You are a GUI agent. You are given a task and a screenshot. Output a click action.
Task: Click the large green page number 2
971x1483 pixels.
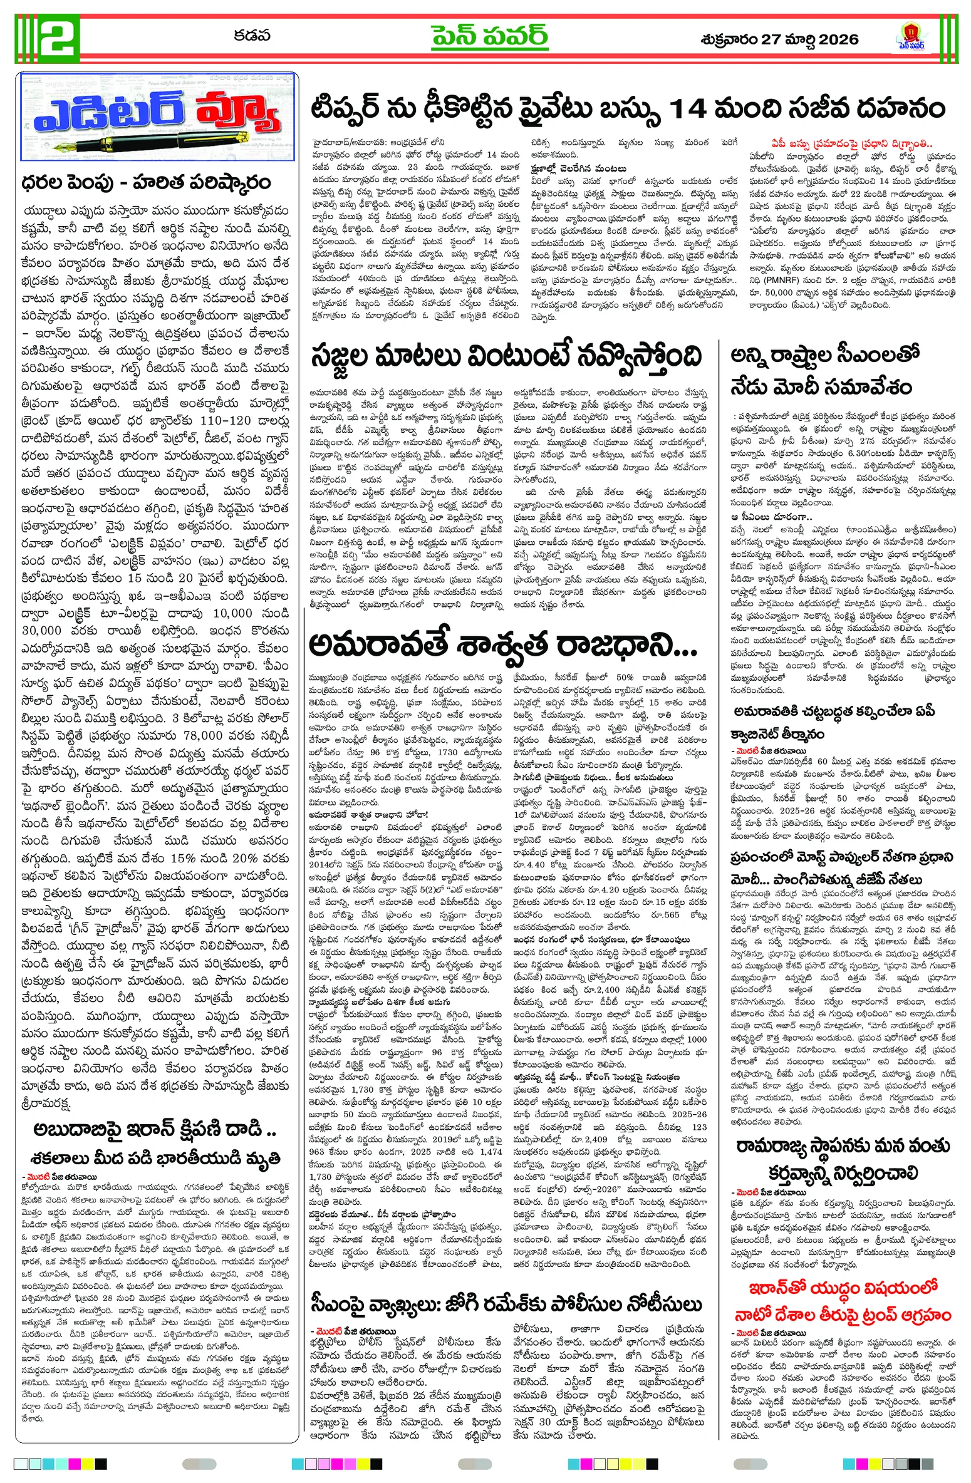coord(59,37)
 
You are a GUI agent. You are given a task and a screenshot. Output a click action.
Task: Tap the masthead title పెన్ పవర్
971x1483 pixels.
coord(489,36)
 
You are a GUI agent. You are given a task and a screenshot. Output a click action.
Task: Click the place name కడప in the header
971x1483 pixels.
coord(252,36)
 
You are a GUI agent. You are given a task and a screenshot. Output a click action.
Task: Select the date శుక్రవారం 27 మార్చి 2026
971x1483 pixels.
coord(779,39)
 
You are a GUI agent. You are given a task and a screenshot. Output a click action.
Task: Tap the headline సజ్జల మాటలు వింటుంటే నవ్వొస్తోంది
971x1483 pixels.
coord(506,358)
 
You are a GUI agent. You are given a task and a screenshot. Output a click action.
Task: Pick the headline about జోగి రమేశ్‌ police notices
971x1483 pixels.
coord(506,1286)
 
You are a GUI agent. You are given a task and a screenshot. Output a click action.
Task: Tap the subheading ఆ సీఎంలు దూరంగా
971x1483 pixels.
coord(771,517)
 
